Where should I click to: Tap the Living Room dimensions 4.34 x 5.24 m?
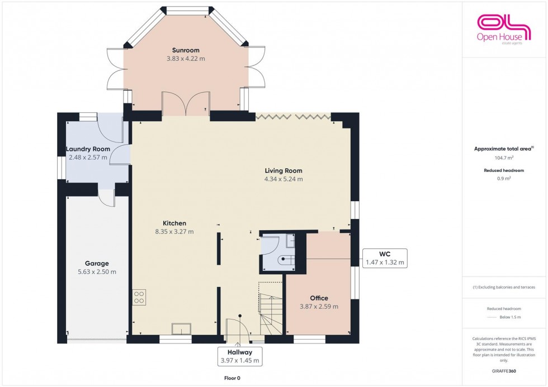[x=284, y=179]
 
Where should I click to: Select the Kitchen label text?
[x=174, y=223]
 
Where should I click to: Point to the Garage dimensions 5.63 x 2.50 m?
[x=97, y=272]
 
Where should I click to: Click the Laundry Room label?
[x=88, y=149]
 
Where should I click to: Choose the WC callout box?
[x=385, y=258]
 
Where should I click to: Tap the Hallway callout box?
[x=240, y=356]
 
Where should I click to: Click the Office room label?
[x=319, y=298]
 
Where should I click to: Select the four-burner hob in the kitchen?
[x=139, y=297]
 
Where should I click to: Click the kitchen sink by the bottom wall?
[x=181, y=328]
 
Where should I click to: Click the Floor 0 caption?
[x=232, y=378]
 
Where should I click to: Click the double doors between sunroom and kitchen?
[x=186, y=104]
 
